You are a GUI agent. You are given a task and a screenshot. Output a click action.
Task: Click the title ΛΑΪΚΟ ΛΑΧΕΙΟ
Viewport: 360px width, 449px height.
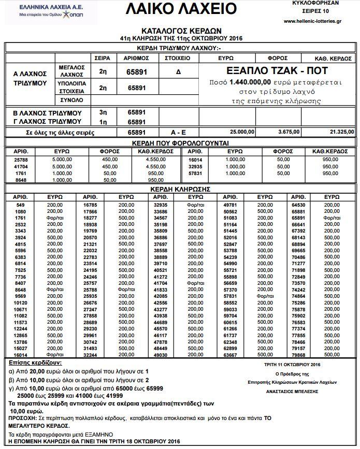click(x=181, y=9)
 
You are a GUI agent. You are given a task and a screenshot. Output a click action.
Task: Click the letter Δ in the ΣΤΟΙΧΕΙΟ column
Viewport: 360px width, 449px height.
click(x=178, y=72)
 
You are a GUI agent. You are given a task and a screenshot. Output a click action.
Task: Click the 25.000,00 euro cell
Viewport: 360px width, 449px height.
click(x=242, y=132)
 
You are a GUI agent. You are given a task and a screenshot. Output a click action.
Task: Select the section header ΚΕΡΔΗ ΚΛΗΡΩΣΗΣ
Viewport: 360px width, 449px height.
click(x=180, y=190)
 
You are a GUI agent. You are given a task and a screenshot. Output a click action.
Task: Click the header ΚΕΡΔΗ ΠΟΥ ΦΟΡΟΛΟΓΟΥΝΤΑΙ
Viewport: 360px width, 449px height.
click(x=180, y=142)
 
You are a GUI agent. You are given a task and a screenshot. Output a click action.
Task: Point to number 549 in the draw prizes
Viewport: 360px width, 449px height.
click(x=21, y=205)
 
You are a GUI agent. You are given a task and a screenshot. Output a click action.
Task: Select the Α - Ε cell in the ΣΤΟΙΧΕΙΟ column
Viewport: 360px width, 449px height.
click(x=178, y=132)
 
